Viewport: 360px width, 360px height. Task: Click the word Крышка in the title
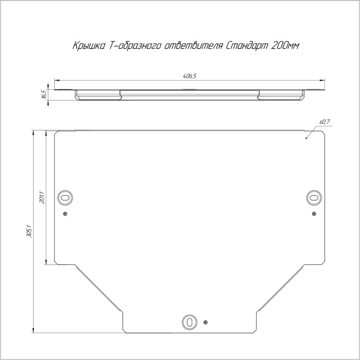(89, 46)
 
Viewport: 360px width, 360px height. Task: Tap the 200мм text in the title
(286, 46)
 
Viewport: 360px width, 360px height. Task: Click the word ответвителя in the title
(193, 46)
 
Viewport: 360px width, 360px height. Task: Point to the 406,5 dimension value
(190, 76)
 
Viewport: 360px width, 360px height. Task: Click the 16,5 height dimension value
(44, 95)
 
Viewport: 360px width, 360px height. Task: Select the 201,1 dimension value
(42, 197)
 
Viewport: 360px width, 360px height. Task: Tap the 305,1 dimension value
(29, 231)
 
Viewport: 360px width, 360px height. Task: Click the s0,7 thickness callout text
(324, 122)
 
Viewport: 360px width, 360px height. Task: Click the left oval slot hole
(65, 198)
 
